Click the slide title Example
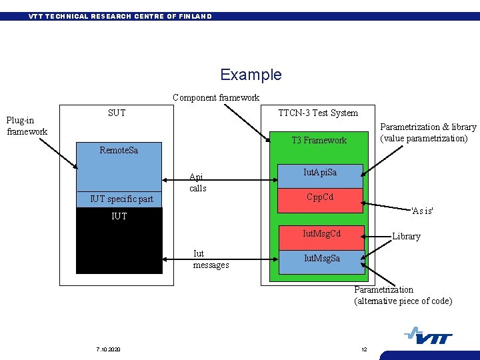251,75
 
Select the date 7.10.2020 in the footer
107,350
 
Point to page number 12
364,350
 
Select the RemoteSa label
119,150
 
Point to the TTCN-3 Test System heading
318,113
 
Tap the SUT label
117,113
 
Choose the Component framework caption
216,97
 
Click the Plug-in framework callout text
27,126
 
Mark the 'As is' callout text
422,211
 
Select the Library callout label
406,237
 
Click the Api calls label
198,183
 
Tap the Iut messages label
211,259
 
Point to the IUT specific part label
121,199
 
